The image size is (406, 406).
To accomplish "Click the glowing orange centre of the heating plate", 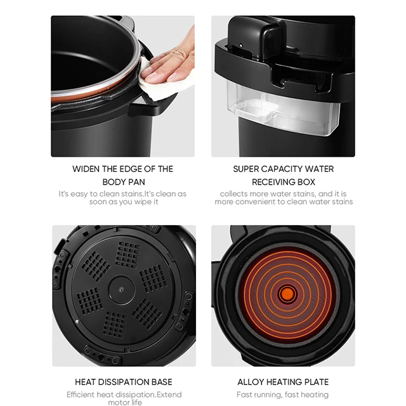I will (287, 294).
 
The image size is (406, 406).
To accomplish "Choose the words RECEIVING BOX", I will (284, 182).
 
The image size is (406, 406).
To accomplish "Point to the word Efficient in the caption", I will (81, 394).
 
